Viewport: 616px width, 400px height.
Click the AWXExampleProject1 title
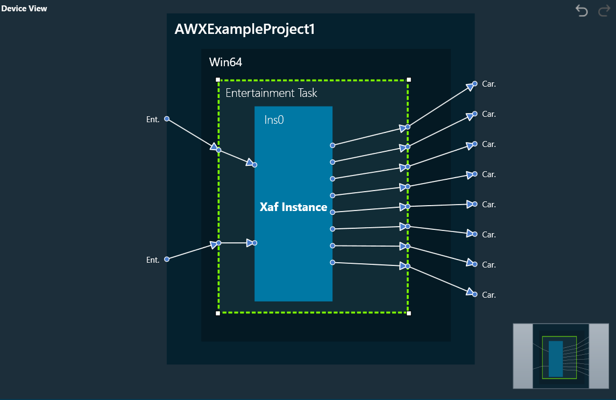tap(244, 30)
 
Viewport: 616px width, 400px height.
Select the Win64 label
tap(225, 62)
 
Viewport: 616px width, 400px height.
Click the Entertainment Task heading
tap(271, 93)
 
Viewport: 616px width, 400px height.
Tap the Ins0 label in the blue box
tap(274, 120)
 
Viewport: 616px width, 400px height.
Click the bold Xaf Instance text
tap(293, 207)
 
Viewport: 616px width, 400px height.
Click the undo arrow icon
tap(582, 11)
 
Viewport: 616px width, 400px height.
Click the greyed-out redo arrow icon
tap(604, 11)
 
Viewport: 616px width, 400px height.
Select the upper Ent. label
tap(153, 120)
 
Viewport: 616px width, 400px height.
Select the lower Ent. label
tap(153, 260)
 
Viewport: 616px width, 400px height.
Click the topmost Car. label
tap(488, 84)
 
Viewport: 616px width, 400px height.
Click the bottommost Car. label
tap(488, 295)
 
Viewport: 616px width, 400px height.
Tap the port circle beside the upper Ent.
tap(167, 119)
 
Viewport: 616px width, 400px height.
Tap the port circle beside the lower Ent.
tap(167, 259)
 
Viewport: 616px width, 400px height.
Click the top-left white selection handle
tap(218, 80)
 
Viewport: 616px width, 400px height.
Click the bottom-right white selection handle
tap(408, 313)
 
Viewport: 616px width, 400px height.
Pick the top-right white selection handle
tap(408, 80)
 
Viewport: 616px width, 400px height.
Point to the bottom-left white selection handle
tap(218, 313)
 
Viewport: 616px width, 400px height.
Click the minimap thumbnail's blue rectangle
tap(556, 359)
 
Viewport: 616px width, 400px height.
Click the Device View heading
tap(24, 9)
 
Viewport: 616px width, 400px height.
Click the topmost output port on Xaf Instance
tap(332, 145)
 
